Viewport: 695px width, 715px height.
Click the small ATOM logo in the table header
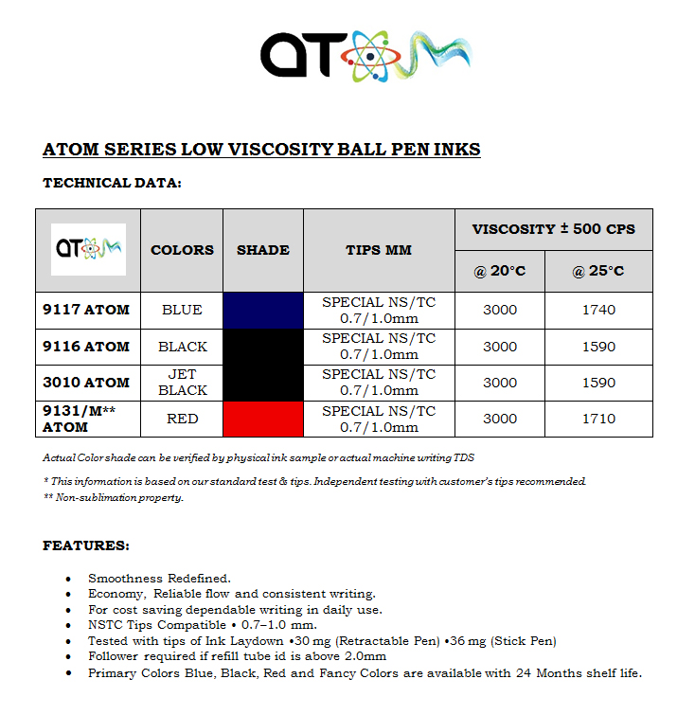88,249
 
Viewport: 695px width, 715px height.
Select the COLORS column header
182,250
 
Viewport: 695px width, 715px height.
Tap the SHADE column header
263,250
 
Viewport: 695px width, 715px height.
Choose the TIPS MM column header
379,250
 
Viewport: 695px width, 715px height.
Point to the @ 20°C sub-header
500,272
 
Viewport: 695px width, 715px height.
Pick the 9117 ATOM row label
86,310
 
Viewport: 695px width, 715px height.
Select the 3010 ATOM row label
86,383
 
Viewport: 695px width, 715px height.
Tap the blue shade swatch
263,310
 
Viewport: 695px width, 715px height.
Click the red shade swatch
263,419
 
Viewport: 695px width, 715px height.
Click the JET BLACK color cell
182,383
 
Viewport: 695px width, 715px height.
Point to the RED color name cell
182,419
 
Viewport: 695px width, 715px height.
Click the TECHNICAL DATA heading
112,183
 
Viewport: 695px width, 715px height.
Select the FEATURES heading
86,545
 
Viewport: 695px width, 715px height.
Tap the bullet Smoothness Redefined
159,578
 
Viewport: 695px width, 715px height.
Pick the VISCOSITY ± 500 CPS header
554,229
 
